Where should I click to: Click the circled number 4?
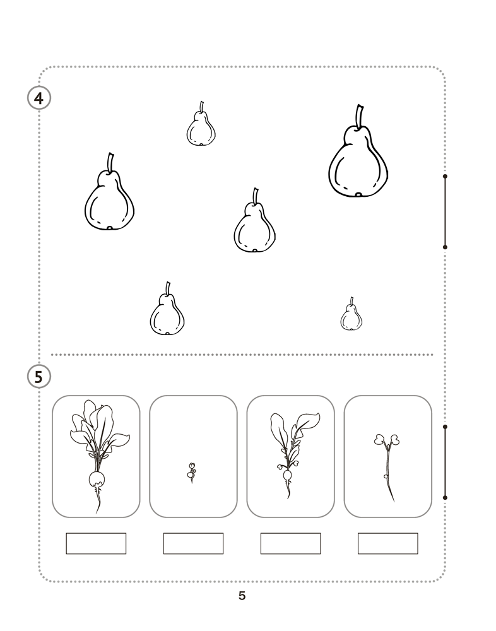(38, 98)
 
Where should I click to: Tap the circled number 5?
(38, 377)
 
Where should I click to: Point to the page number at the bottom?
(242, 596)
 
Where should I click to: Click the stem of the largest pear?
(359, 117)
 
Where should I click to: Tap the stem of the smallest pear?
(352, 302)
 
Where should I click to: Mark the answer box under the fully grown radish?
(96, 543)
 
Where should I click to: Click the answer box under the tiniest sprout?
(193, 543)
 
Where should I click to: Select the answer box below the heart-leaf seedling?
(387, 543)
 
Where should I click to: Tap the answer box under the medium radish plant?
(290, 543)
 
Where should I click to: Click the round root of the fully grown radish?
(97, 479)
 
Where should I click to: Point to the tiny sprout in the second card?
(192, 473)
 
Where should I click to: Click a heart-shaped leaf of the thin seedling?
(379, 439)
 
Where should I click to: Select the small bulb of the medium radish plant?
(287, 476)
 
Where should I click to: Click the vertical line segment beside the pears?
(445, 211)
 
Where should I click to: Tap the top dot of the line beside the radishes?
(445, 427)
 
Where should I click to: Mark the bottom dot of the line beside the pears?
(445, 247)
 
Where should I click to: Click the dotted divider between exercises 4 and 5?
(242, 355)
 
